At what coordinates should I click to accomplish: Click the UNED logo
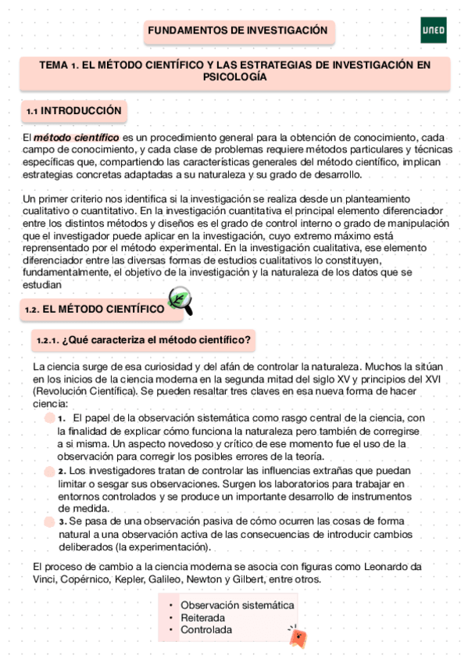(433, 30)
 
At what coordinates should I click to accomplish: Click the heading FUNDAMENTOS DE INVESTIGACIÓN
(238, 30)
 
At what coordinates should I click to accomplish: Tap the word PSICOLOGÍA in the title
(235, 77)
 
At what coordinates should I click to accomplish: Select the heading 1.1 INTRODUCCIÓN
(74, 112)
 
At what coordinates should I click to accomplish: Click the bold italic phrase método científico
(76, 138)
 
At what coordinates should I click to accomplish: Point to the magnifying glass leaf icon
(180, 301)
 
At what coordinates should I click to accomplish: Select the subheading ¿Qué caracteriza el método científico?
(144, 340)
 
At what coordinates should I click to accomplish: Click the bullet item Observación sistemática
(238, 605)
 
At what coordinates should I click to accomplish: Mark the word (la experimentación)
(163, 547)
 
